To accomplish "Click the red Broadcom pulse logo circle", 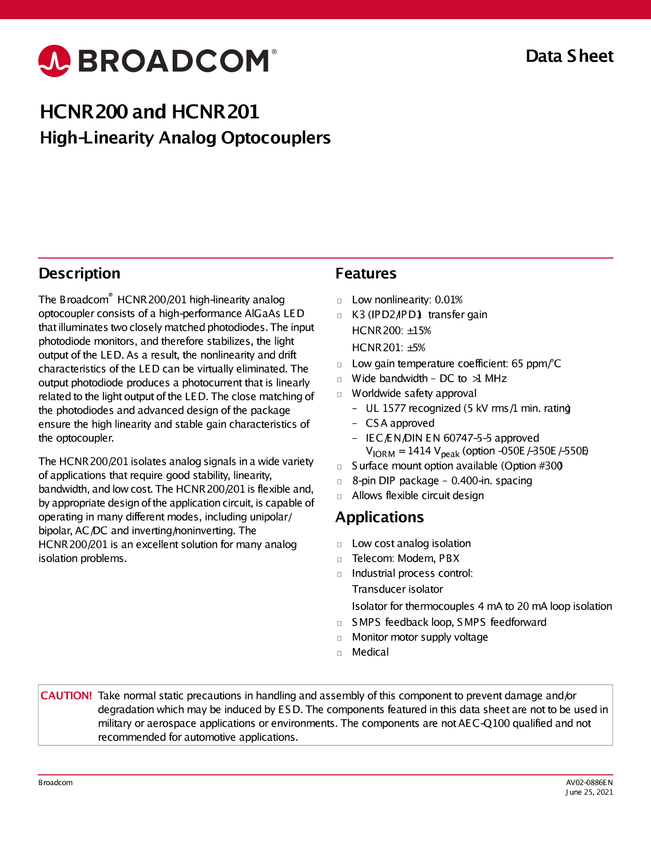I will [54, 61].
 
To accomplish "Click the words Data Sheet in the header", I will [569, 56].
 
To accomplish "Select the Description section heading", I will [80, 273].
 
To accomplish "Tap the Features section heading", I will [366, 273].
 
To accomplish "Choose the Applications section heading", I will [380, 517].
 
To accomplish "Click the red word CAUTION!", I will [66, 696].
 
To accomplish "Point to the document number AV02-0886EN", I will [589, 783].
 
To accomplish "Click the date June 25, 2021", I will [589, 792].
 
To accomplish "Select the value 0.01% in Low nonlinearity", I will [448, 300].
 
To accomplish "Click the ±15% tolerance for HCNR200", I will [419, 331].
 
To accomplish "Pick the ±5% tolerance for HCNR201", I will [416, 348].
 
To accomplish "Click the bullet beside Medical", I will [340, 653].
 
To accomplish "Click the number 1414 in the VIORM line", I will [419, 451].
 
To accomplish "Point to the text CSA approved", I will [400, 423].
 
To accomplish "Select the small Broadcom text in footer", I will [55, 783].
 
